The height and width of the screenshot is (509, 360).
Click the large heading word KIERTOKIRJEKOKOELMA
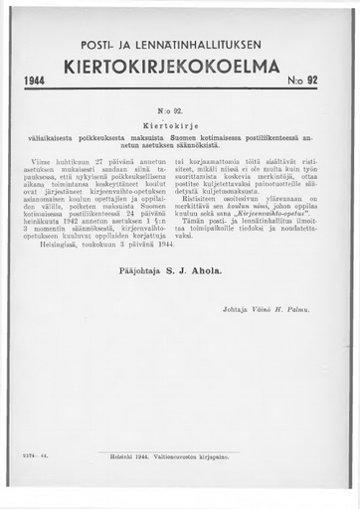click(180, 68)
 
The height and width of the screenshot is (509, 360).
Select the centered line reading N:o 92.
click(180, 113)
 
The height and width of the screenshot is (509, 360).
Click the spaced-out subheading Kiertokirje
click(180, 127)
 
